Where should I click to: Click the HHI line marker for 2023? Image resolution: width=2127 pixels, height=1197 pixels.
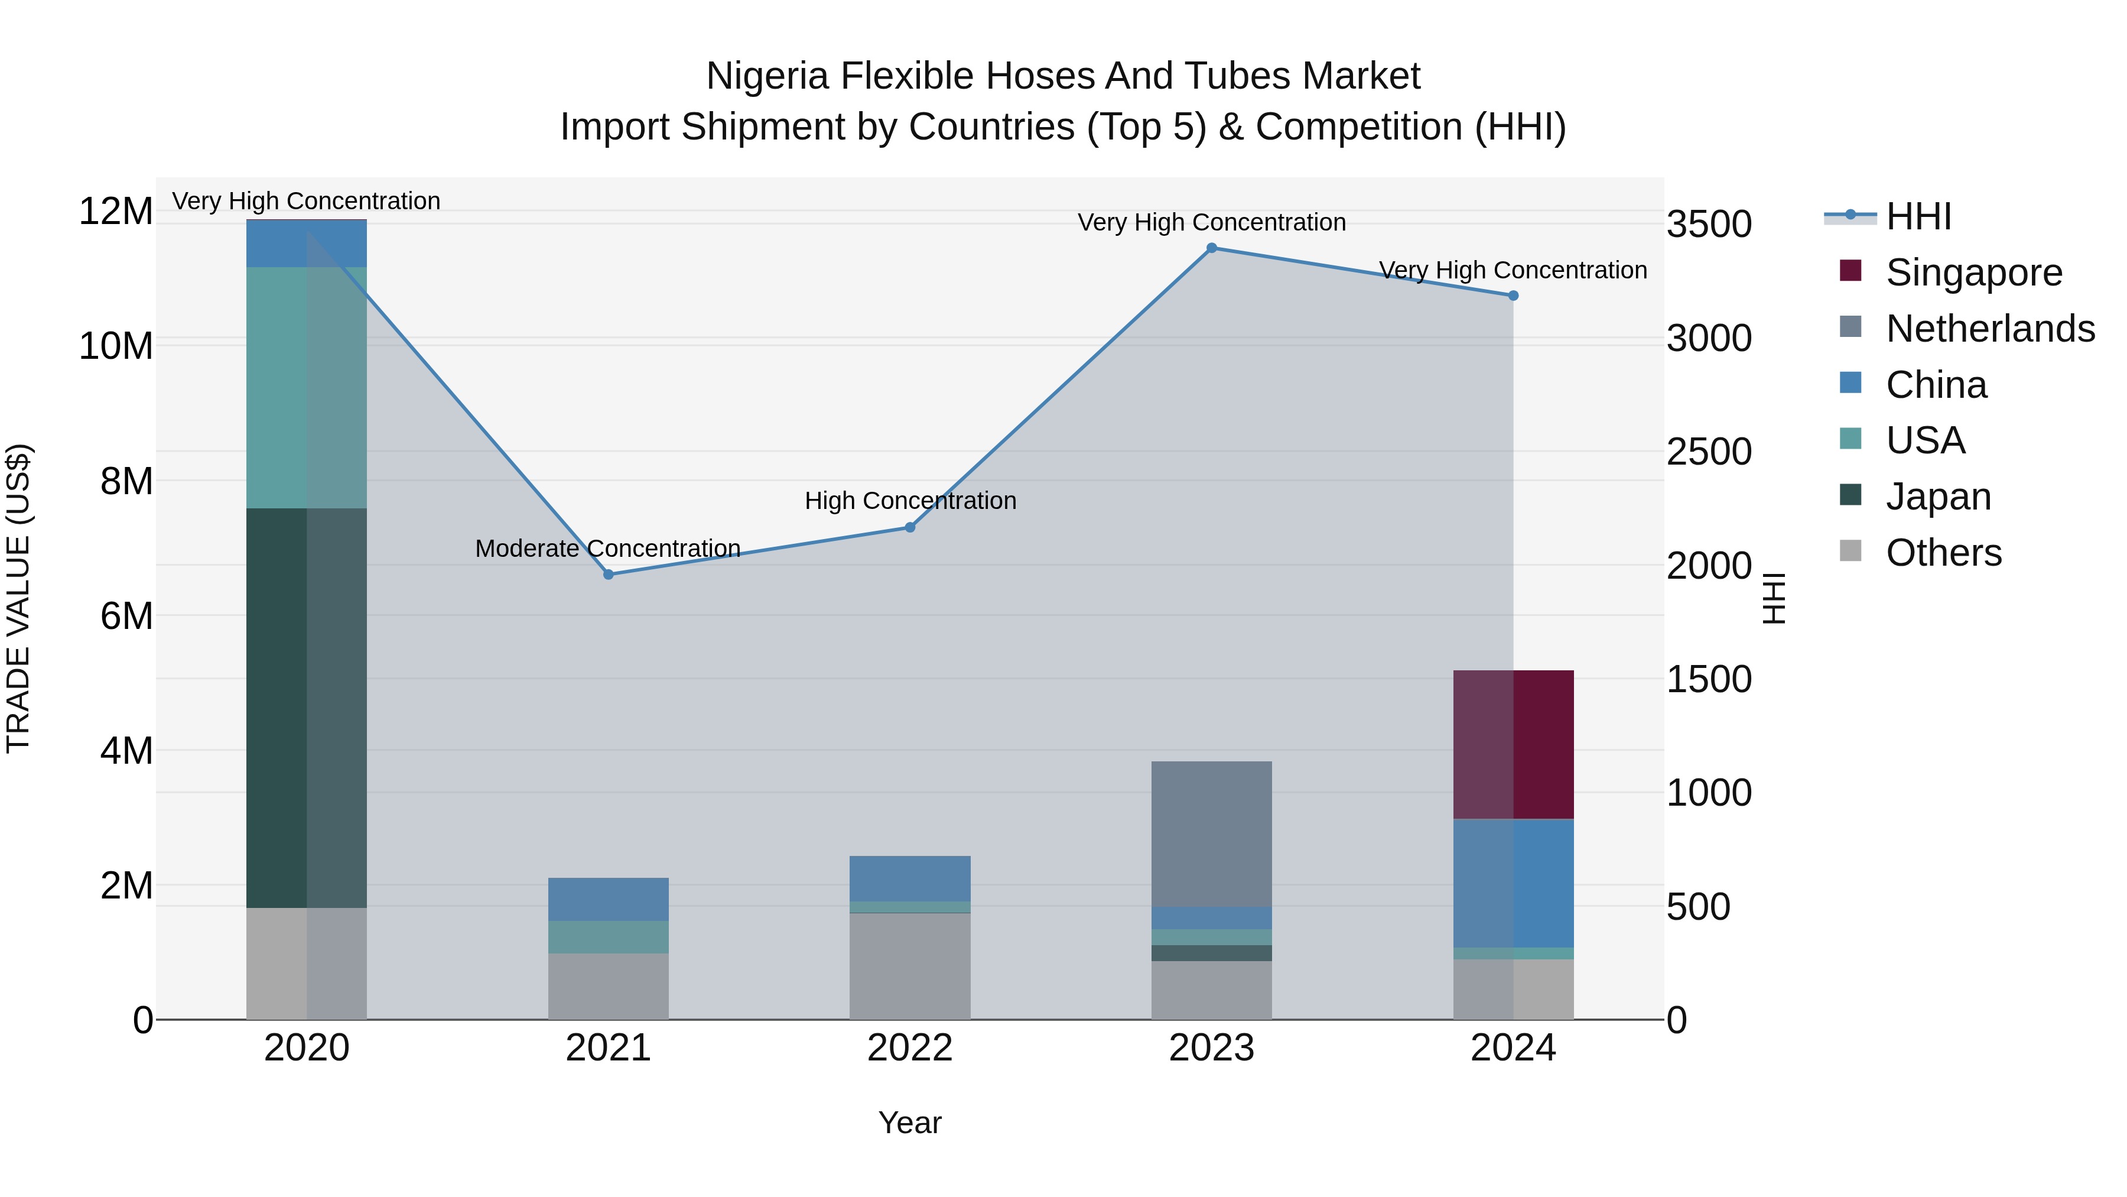[1211, 248]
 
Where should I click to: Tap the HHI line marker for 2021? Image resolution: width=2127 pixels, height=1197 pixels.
[609, 574]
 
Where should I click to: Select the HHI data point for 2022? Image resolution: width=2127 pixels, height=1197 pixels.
[910, 527]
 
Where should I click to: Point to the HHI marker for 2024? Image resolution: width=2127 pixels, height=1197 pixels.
[1513, 296]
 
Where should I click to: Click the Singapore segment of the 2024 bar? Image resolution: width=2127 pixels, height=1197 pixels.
[1513, 744]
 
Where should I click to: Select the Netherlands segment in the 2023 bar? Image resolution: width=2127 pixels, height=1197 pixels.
[1211, 834]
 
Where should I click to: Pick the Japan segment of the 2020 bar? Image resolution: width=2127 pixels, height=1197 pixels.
[306, 708]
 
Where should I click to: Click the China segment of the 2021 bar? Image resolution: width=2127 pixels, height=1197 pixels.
[609, 898]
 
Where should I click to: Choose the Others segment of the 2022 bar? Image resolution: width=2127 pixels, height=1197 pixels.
[910, 966]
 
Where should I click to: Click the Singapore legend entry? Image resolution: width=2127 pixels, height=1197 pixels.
[1973, 273]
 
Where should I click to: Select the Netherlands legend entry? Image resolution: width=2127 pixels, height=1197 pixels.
[1990, 329]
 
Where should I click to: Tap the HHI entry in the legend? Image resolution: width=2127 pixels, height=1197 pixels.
[1918, 216]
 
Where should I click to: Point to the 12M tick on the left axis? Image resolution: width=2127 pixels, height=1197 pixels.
[116, 212]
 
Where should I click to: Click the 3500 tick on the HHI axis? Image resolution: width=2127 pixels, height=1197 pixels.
[1708, 224]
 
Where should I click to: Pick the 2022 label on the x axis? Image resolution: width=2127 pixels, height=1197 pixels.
[910, 1048]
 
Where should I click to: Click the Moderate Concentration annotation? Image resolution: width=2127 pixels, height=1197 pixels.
[608, 549]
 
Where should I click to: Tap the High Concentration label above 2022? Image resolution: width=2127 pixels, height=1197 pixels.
[910, 501]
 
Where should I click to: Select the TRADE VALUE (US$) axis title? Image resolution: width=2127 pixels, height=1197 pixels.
[18, 598]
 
